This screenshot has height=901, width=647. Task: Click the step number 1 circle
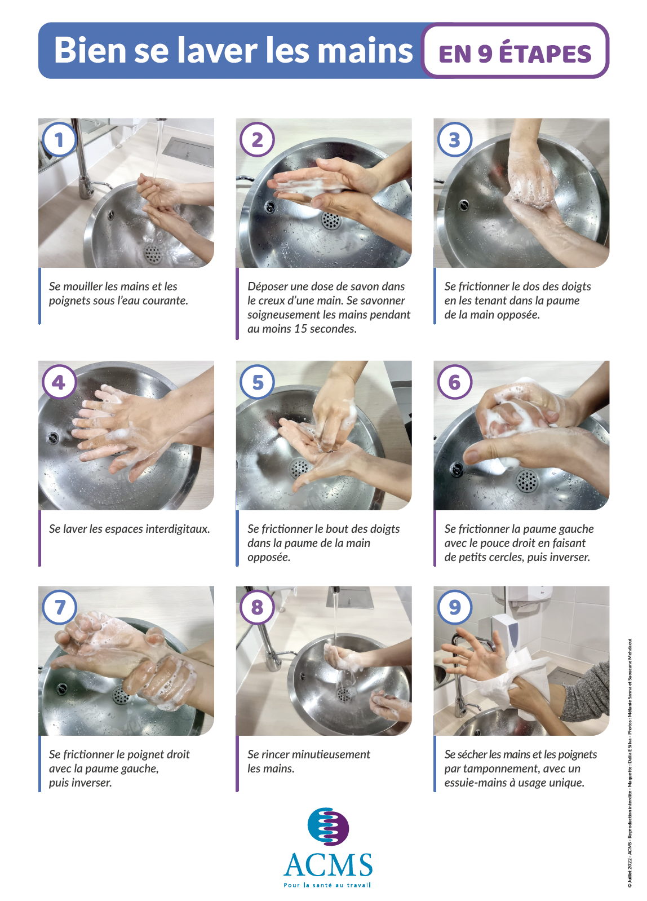coord(60,140)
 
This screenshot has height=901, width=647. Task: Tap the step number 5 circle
coord(258,382)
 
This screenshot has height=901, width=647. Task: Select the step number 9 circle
coord(455,607)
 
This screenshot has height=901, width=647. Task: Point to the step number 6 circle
coord(455,382)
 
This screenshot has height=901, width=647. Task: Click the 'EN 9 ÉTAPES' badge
coord(515,51)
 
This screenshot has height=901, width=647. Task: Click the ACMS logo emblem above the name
coord(328,827)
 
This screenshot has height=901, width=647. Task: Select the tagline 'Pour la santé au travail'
coord(327,885)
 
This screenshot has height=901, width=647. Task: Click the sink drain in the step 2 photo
coord(331,220)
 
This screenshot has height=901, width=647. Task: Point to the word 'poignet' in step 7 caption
coord(138,755)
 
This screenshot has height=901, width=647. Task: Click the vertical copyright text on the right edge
coord(630,763)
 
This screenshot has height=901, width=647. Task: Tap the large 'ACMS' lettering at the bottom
coord(328,865)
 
